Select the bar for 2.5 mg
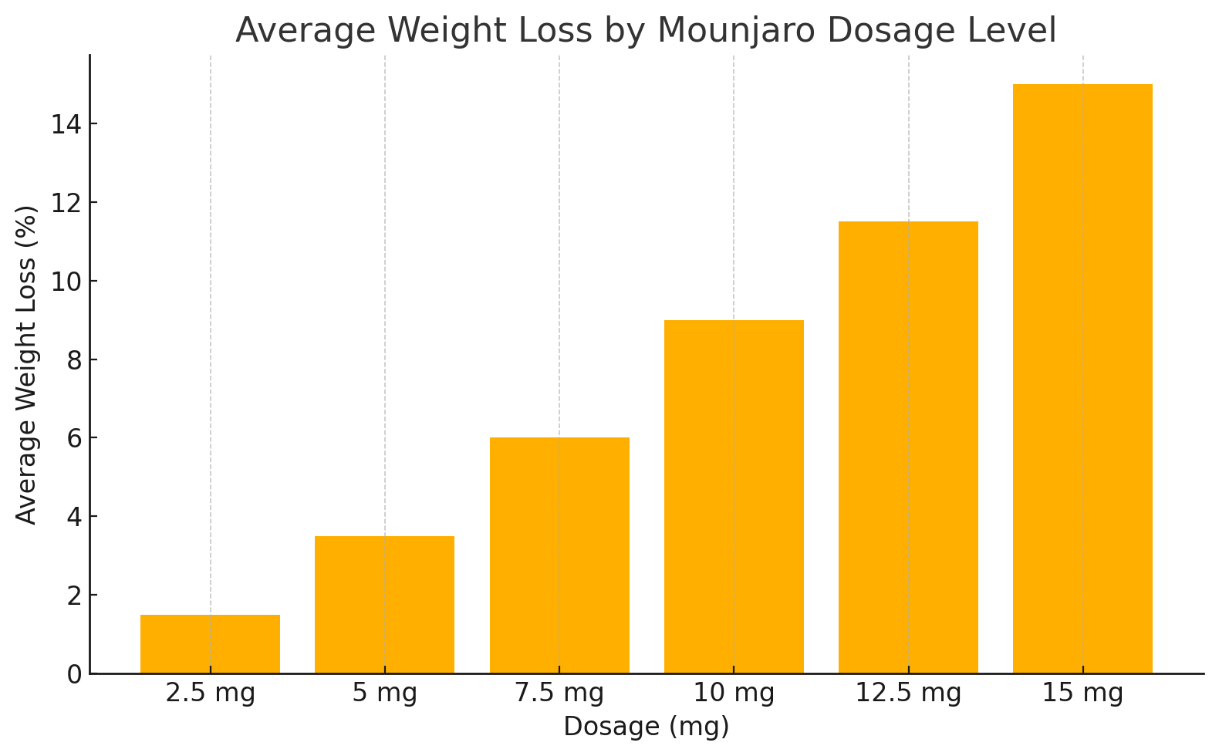[210, 644]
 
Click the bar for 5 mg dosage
[384, 605]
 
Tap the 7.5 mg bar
[559, 555]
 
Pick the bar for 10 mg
[734, 497]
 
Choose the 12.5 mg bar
[908, 447]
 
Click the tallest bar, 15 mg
[1082, 379]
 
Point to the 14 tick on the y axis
[66, 124]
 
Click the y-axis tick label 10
[66, 282]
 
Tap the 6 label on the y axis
[74, 438]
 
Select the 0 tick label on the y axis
[74, 674]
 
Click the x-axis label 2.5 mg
[210, 694]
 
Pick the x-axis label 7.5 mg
[559, 694]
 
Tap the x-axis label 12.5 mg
[908, 694]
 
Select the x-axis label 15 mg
[1082, 694]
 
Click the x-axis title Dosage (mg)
[646, 727]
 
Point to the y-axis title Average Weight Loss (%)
[27, 364]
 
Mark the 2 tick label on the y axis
[74, 596]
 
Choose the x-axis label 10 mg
[734, 694]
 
